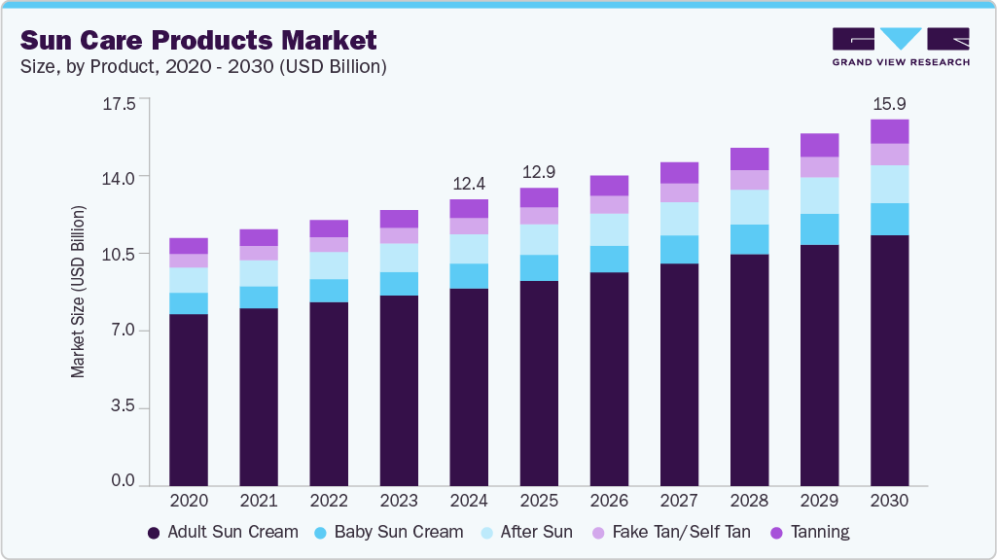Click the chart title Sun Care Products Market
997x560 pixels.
198,41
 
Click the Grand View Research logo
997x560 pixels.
901,48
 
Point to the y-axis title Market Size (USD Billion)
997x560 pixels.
78,292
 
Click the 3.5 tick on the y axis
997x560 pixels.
124,408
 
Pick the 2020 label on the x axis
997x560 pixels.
189,501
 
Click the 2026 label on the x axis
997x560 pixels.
609,501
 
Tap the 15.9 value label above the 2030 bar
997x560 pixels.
889,103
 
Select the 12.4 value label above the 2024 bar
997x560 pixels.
469,183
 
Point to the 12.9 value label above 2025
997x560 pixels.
539,172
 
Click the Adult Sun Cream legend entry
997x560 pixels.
223,533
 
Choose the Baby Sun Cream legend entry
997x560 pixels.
388,533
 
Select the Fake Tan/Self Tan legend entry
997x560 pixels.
671,533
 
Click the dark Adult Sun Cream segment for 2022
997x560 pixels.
329,394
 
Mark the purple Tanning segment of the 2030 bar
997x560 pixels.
889,131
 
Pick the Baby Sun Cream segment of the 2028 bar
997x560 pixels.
749,239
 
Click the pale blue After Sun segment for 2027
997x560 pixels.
679,219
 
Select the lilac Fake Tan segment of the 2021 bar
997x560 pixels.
259,253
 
